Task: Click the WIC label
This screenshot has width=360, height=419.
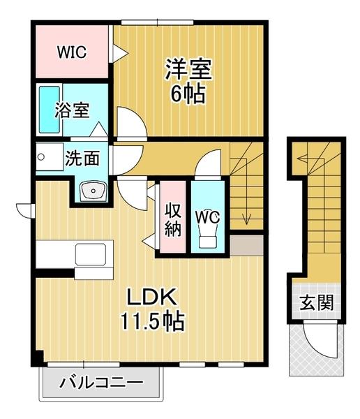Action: tap(71, 52)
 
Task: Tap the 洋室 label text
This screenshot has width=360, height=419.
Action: tap(188, 70)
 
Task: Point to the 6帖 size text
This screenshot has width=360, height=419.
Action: tap(188, 94)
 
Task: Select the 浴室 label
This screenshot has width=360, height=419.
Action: tap(73, 110)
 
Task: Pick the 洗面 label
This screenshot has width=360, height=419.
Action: tap(82, 158)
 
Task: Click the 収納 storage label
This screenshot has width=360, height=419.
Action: tap(172, 218)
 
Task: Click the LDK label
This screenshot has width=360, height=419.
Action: tap(149, 296)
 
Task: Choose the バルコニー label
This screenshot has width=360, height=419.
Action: tap(101, 383)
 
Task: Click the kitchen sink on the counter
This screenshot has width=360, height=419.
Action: tap(91, 254)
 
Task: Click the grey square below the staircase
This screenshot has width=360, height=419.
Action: tap(247, 245)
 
